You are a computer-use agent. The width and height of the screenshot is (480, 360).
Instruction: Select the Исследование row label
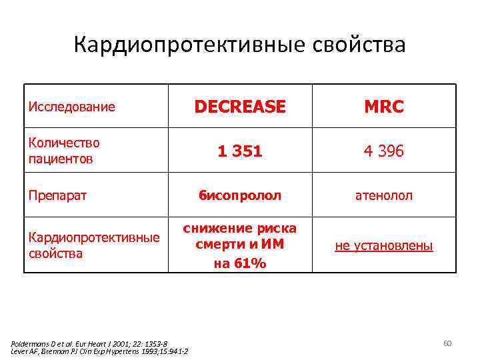pos(71,107)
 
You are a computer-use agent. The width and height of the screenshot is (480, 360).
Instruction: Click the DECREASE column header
pos(239,107)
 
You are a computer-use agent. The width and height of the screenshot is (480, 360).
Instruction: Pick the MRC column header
pos(383,107)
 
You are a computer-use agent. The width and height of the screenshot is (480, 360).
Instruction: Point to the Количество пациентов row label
pos(64,151)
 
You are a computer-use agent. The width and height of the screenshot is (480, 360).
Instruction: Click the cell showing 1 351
pos(239,151)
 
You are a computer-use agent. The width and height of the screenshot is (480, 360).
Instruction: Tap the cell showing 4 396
pos(383,151)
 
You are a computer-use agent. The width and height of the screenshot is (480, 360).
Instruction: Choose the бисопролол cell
pos(239,196)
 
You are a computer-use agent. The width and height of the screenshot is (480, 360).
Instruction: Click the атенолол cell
pos(383,196)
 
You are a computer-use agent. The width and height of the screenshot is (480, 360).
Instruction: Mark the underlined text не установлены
pos(383,246)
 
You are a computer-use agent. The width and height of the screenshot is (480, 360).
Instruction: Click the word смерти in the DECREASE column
pos(218,245)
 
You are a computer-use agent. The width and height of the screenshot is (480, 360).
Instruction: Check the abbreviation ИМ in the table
pos(273,245)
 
